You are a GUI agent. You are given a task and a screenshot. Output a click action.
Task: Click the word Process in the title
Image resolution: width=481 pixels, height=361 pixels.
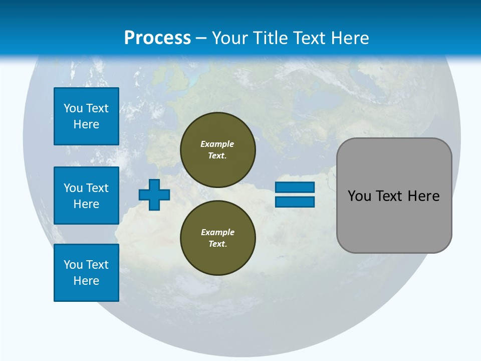(x=157, y=38)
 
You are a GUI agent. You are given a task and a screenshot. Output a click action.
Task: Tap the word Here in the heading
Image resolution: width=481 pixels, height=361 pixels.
(x=349, y=38)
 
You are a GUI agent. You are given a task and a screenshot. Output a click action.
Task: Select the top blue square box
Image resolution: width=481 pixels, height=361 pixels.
(x=86, y=116)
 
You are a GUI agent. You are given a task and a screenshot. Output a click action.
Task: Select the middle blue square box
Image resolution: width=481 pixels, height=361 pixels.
(x=86, y=196)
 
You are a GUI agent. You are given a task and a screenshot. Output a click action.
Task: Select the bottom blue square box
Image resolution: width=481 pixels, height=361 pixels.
(x=86, y=273)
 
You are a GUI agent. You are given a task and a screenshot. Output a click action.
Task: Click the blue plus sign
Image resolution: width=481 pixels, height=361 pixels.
(x=154, y=195)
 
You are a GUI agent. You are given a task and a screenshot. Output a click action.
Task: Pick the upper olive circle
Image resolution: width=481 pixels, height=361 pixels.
(x=218, y=150)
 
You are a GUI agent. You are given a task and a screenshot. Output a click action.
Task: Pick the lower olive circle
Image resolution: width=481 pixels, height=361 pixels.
(x=218, y=238)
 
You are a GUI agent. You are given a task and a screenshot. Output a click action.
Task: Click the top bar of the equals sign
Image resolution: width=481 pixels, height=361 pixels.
(x=295, y=187)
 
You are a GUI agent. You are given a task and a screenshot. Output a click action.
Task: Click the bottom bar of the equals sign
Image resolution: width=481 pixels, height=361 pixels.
(x=295, y=202)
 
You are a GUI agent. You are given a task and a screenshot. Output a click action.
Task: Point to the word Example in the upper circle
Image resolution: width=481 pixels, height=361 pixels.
(x=217, y=144)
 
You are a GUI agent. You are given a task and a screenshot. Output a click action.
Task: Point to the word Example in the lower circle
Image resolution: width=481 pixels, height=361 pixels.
(x=217, y=232)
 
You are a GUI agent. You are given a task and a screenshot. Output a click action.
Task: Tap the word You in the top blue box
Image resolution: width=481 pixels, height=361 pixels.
(x=73, y=108)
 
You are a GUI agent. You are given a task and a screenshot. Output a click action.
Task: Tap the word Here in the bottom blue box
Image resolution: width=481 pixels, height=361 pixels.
(x=86, y=281)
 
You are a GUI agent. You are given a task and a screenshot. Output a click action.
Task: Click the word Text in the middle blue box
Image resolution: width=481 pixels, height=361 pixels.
(x=97, y=188)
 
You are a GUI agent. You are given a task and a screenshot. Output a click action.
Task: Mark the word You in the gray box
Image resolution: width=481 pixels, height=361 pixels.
(x=359, y=196)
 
